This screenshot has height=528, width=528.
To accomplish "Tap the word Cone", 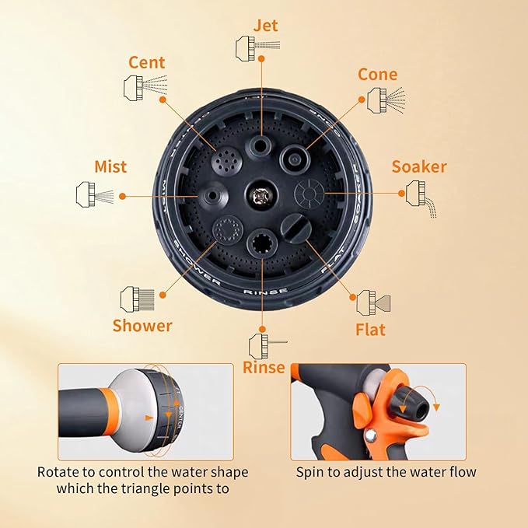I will tap(377, 75).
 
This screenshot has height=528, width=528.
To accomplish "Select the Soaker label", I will tap(418, 166).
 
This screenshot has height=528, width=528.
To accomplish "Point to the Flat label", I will tap(370, 330).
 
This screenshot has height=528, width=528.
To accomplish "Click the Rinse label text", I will tap(264, 367).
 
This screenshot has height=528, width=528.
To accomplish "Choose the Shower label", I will tap(142, 325).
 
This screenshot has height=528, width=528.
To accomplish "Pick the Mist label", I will tap(110, 166).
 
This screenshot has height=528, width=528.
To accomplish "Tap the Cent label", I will tap(147, 61).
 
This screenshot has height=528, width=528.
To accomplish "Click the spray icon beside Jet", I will tap(254, 47).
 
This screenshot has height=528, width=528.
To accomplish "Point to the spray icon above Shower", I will tap(137, 298).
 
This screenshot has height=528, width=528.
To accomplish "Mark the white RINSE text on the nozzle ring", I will tap(265, 292).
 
